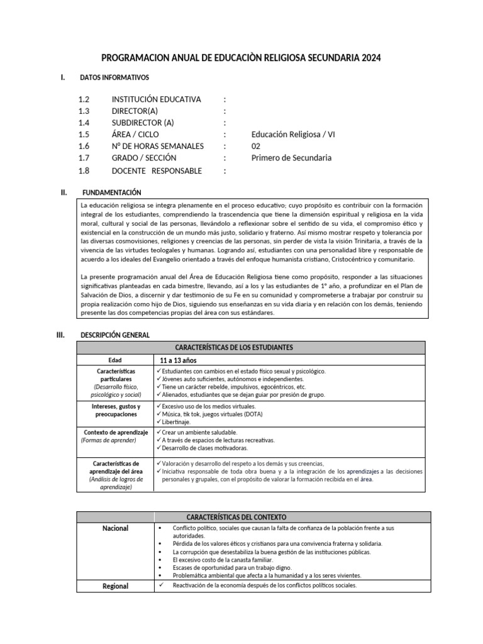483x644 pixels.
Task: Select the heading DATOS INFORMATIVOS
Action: coord(114,78)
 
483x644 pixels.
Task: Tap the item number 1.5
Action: coord(84,135)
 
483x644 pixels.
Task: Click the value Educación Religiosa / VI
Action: coord(293,135)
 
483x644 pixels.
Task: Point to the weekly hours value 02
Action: coord(256,146)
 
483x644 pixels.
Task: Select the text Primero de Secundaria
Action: coord(291,158)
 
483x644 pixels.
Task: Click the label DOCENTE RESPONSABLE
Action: coord(157,170)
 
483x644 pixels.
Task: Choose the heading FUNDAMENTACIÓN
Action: coord(112,192)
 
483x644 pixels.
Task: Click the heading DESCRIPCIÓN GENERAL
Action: coord(115,335)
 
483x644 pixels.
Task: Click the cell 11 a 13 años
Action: coord(179,360)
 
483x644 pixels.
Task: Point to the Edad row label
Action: coord(115,360)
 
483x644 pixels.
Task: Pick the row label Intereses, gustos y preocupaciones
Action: coord(116,411)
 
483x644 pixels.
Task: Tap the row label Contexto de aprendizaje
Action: coord(116,433)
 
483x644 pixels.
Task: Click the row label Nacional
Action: coord(115,528)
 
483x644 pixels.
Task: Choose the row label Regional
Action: coord(115,586)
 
